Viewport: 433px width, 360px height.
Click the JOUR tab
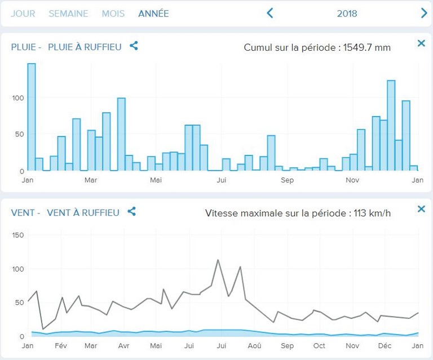(x=23, y=14)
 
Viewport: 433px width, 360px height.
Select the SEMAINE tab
(x=68, y=14)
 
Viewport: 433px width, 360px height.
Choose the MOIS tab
(x=113, y=14)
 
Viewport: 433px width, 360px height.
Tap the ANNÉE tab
(x=153, y=14)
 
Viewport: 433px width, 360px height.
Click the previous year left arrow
(x=270, y=13)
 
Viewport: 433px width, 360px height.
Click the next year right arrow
(x=424, y=13)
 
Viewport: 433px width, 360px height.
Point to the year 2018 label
(x=347, y=14)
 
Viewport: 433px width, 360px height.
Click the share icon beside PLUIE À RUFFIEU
(x=134, y=46)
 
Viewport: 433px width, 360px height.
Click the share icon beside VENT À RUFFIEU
(x=131, y=212)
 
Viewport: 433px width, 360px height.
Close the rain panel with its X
(x=421, y=43)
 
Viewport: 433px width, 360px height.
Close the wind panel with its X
(x=421, y=209)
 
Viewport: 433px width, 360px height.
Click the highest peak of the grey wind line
(x=218, y=260)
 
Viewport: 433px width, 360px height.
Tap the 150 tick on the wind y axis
(x=17, y=235)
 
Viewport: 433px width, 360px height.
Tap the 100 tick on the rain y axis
(x=17, y=98)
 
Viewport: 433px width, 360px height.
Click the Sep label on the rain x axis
(x=287, y=180)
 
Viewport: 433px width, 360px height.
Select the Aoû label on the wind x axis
(x=254, y=346)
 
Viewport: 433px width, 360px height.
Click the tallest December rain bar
(x=391, y=125)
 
